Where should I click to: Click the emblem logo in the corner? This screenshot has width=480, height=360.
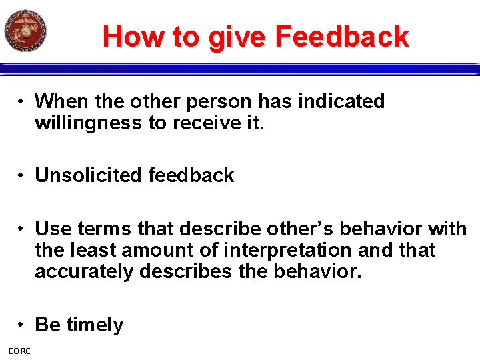point(25,31)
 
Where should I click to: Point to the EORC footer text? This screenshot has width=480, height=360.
point(20,351)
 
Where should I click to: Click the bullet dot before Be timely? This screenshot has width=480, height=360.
point(23,325)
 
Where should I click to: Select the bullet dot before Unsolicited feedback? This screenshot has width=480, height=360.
point(23,175)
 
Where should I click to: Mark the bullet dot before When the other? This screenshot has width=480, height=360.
point(23,101)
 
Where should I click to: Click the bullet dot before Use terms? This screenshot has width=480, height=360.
point(23,229)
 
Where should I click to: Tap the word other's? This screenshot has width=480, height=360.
point(301,229)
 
